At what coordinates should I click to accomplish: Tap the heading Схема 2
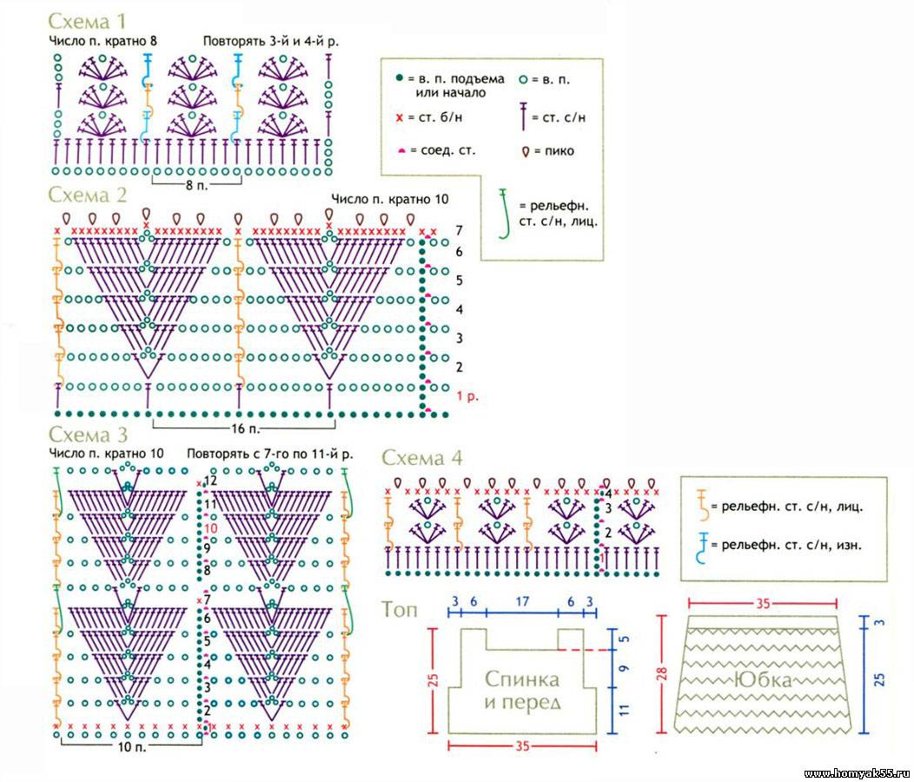click(89, 195)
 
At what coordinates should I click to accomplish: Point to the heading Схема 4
click(422, 459)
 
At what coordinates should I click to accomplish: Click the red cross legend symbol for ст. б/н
click(401, 116)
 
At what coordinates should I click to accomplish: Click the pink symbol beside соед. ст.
click(401, 151)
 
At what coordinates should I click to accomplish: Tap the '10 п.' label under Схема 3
click(129, 746)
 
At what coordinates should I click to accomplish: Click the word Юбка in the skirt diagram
click(763, 680)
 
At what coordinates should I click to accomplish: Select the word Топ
click(399, 610)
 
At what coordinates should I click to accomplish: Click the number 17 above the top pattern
click(522, 600)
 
